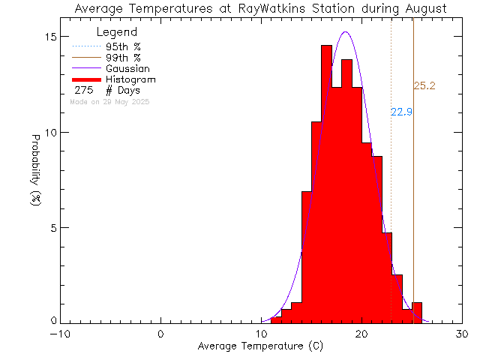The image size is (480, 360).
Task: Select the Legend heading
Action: click(117, 32)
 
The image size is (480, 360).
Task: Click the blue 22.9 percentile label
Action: click(402, 112)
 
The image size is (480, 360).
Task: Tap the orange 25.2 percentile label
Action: click(425, 87)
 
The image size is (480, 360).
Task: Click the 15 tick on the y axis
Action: click(48, 37)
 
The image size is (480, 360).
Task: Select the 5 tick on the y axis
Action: click(51, 227)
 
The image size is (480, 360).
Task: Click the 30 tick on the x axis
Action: click(462, 334)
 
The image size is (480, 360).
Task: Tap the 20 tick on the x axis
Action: click(361, 334)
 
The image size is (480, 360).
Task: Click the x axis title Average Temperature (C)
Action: click(261, 346)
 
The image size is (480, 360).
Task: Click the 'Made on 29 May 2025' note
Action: click(109, 101)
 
